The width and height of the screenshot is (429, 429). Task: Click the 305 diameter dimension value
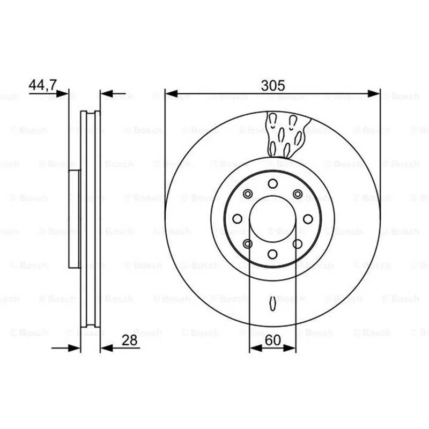click(x=273, y=85)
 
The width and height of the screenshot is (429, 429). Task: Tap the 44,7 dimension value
click(x=43, y=85)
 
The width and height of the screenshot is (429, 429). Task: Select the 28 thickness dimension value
click(x=129, y=341)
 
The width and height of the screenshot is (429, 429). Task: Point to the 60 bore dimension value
click(x=273, y=341)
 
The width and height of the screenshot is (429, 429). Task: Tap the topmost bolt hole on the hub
click(x=273, y=183)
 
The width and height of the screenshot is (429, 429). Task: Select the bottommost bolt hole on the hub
click(x=272, y=254)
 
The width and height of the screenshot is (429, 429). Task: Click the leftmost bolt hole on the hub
click(x=237, y=219)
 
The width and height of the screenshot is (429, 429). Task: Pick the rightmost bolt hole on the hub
click(x=308, y=219)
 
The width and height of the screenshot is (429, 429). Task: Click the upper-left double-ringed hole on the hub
click(x=248, y=194)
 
